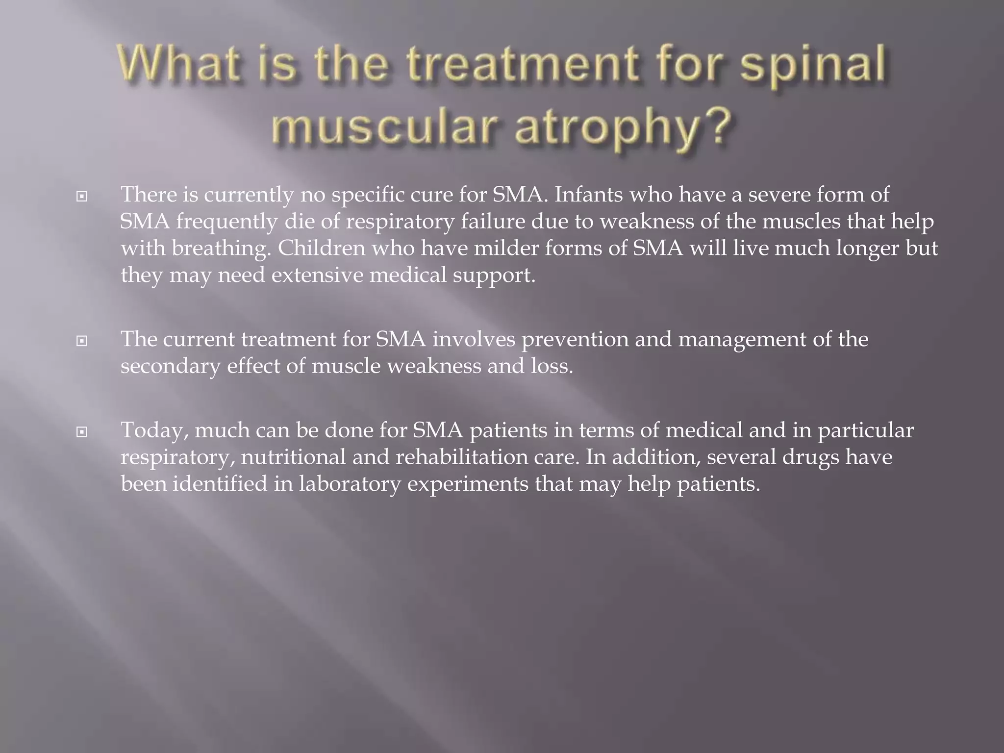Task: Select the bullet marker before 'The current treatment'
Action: click(82, 341)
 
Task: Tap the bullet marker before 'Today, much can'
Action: click(82, 432)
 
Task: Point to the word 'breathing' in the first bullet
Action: click(221, 249)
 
